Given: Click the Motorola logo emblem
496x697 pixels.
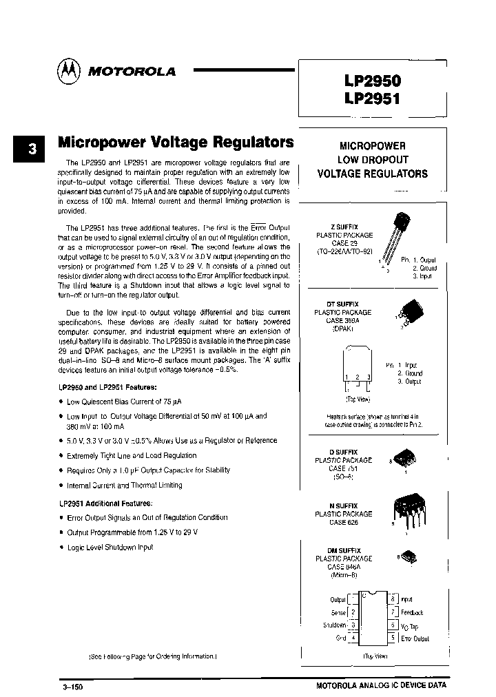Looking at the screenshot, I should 69,70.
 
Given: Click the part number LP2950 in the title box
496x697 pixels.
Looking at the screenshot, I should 372,80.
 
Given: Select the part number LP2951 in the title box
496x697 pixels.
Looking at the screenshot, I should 372,98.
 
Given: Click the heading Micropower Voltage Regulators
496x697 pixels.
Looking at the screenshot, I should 176,143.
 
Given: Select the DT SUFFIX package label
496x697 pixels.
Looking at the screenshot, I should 342,304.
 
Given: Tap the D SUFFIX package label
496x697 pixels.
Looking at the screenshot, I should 342,452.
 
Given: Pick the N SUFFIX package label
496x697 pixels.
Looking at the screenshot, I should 342,506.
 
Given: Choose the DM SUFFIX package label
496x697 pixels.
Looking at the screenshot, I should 342,550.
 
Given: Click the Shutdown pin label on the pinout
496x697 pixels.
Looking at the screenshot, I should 335,625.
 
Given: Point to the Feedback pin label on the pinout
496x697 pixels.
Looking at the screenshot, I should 412,612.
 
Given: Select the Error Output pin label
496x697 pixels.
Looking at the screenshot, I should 415,638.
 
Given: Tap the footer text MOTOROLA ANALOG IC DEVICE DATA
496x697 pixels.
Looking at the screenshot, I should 381,686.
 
